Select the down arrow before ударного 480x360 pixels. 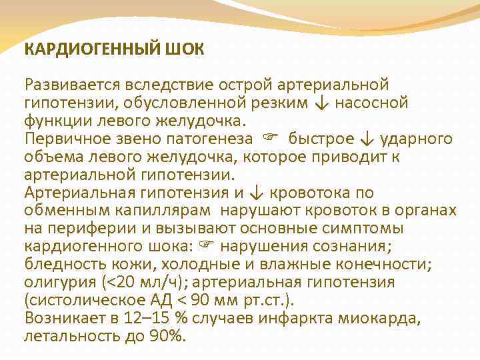pos(365,139)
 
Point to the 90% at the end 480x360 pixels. pos(165,337)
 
